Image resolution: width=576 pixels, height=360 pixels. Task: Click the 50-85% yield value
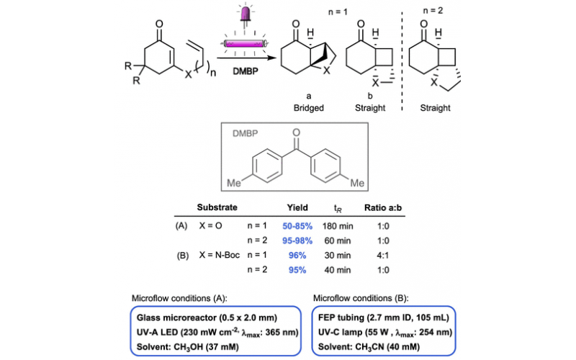click(x=297, y=225)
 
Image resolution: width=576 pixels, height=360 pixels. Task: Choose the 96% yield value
click(x=297, y=255)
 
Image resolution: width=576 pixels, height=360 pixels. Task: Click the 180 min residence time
click(x=346, y=225)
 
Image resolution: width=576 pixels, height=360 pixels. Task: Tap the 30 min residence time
click(x=346, y=255)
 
